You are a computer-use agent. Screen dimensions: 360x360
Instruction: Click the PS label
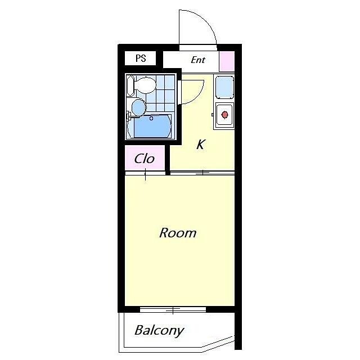141,58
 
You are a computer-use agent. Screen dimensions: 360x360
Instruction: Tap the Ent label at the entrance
198,60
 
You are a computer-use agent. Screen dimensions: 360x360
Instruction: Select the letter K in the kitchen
200,145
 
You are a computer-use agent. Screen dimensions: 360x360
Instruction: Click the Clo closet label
145,159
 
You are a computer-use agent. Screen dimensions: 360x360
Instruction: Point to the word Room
178,233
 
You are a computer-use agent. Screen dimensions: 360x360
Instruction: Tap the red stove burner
224,114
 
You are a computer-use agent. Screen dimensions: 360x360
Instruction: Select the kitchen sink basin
225,87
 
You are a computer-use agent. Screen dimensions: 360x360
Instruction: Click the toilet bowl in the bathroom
146,85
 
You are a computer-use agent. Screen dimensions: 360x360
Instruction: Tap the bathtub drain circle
151,119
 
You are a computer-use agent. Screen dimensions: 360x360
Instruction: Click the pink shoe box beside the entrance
227,61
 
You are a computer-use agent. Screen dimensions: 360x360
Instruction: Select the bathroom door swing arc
197,96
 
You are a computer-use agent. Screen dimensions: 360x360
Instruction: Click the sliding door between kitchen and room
202,173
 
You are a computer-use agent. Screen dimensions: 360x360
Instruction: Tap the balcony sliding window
173,310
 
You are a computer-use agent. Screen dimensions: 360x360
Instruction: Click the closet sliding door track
145,173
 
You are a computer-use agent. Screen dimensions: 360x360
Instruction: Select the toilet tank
130,85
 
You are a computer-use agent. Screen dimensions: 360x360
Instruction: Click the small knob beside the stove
213,115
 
